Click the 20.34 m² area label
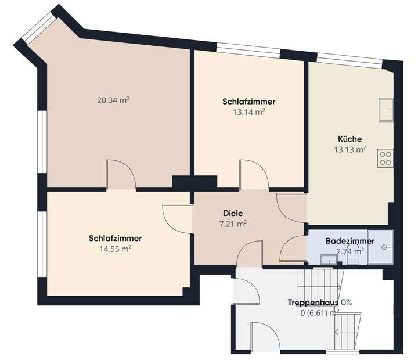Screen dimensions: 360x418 point(113,100)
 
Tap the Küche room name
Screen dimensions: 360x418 point(349,139)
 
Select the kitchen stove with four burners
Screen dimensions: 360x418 point(385,158)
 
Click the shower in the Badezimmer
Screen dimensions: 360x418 point(383,247)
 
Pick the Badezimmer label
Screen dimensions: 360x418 point(349,241)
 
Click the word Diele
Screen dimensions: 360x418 point(232,213)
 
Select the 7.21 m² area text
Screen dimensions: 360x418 point(232,224)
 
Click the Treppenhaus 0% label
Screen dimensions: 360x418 point(320,303)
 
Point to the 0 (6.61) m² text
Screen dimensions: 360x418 point(319,313)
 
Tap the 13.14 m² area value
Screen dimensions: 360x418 point(248,112)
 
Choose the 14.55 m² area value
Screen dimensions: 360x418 point(115,249)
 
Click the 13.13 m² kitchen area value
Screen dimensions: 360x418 point(349,149)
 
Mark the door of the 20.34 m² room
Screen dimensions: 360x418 point(121,174)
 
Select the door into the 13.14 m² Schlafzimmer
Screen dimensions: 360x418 point(254,175)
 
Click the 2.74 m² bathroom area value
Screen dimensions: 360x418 point(350,251)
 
